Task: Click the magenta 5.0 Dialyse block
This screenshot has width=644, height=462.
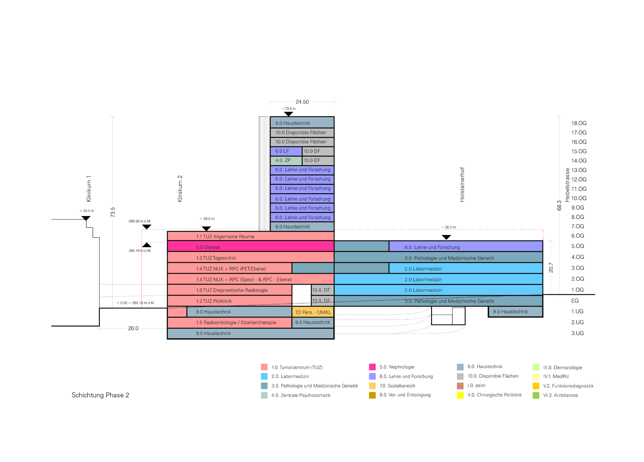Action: point(251,246)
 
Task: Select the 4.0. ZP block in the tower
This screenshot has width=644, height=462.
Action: point(286,160)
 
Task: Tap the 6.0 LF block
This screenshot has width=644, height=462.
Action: point(286,151)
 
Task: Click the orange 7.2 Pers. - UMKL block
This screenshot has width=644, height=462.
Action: point(313,312)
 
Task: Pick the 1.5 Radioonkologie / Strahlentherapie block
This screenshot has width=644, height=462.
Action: point(229,322)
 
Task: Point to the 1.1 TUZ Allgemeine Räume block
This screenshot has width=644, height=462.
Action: point(251,236)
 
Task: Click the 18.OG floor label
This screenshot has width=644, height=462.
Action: point(579,123)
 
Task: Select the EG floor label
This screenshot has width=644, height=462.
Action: point(575,301)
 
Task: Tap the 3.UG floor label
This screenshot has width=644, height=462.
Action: point(578,333)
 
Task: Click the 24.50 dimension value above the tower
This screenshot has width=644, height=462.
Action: point(302,102)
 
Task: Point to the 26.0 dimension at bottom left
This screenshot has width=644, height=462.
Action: point(133,328)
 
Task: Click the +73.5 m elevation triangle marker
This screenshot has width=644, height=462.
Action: point(288,114)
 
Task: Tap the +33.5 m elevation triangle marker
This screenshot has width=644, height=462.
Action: point(86,218)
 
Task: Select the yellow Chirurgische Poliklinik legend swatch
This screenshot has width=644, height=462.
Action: point(460,395)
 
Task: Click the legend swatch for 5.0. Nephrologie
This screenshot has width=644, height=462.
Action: point(372,367)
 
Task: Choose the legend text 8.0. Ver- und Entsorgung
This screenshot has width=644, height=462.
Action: point(405,395)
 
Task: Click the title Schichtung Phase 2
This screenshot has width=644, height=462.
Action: point(100,395)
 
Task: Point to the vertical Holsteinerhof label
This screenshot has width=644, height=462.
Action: point(462,184)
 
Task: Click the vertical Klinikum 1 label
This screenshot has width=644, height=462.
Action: point(89,189)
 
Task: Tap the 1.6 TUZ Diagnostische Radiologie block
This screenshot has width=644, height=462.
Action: point(229,290)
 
